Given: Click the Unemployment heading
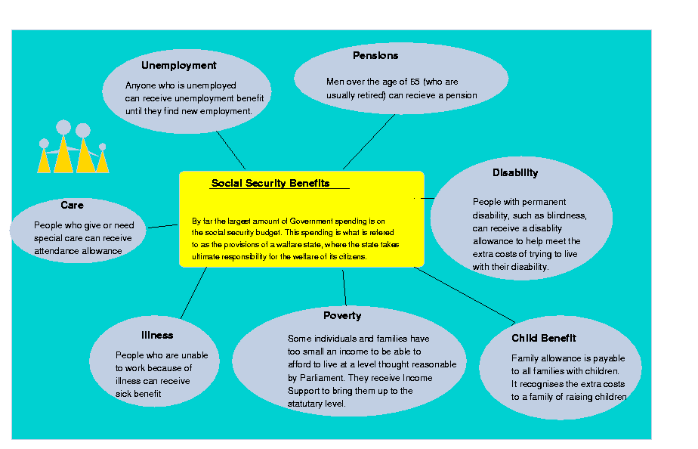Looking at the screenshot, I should [x=179, y=66].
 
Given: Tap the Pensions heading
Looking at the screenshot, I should [x=375, y=56].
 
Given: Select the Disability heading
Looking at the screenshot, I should [x=515, y=173].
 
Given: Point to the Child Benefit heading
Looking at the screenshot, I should [x=544, y=339].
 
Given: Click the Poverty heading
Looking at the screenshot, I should [x=342, y=316].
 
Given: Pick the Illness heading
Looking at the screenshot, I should [x=157, y=336].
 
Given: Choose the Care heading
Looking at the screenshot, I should [x=73, y=206].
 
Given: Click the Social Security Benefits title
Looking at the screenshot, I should [x=270, y=184].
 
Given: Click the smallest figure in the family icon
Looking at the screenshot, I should [x=103, y=159].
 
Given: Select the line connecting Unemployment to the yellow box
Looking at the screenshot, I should [x=230, y=150].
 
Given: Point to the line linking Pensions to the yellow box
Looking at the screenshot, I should [x=369, y=142].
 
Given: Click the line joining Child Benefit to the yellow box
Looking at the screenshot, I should [x=465, y=294].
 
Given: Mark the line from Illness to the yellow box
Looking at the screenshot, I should [x=193, y=293].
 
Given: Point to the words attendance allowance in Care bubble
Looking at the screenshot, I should [x=78, y=251].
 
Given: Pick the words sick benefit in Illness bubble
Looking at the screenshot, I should [x=139, y=394].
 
